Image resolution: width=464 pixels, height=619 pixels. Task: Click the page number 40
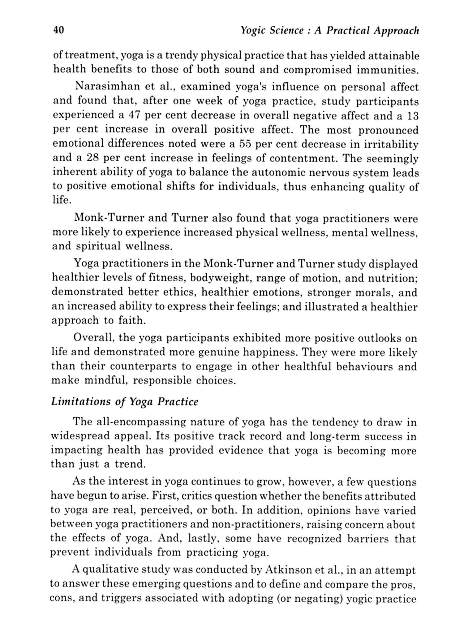(58, 30)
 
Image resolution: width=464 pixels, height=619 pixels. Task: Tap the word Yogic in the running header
(251, 31)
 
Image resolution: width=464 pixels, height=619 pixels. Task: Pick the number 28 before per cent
(92, 158)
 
